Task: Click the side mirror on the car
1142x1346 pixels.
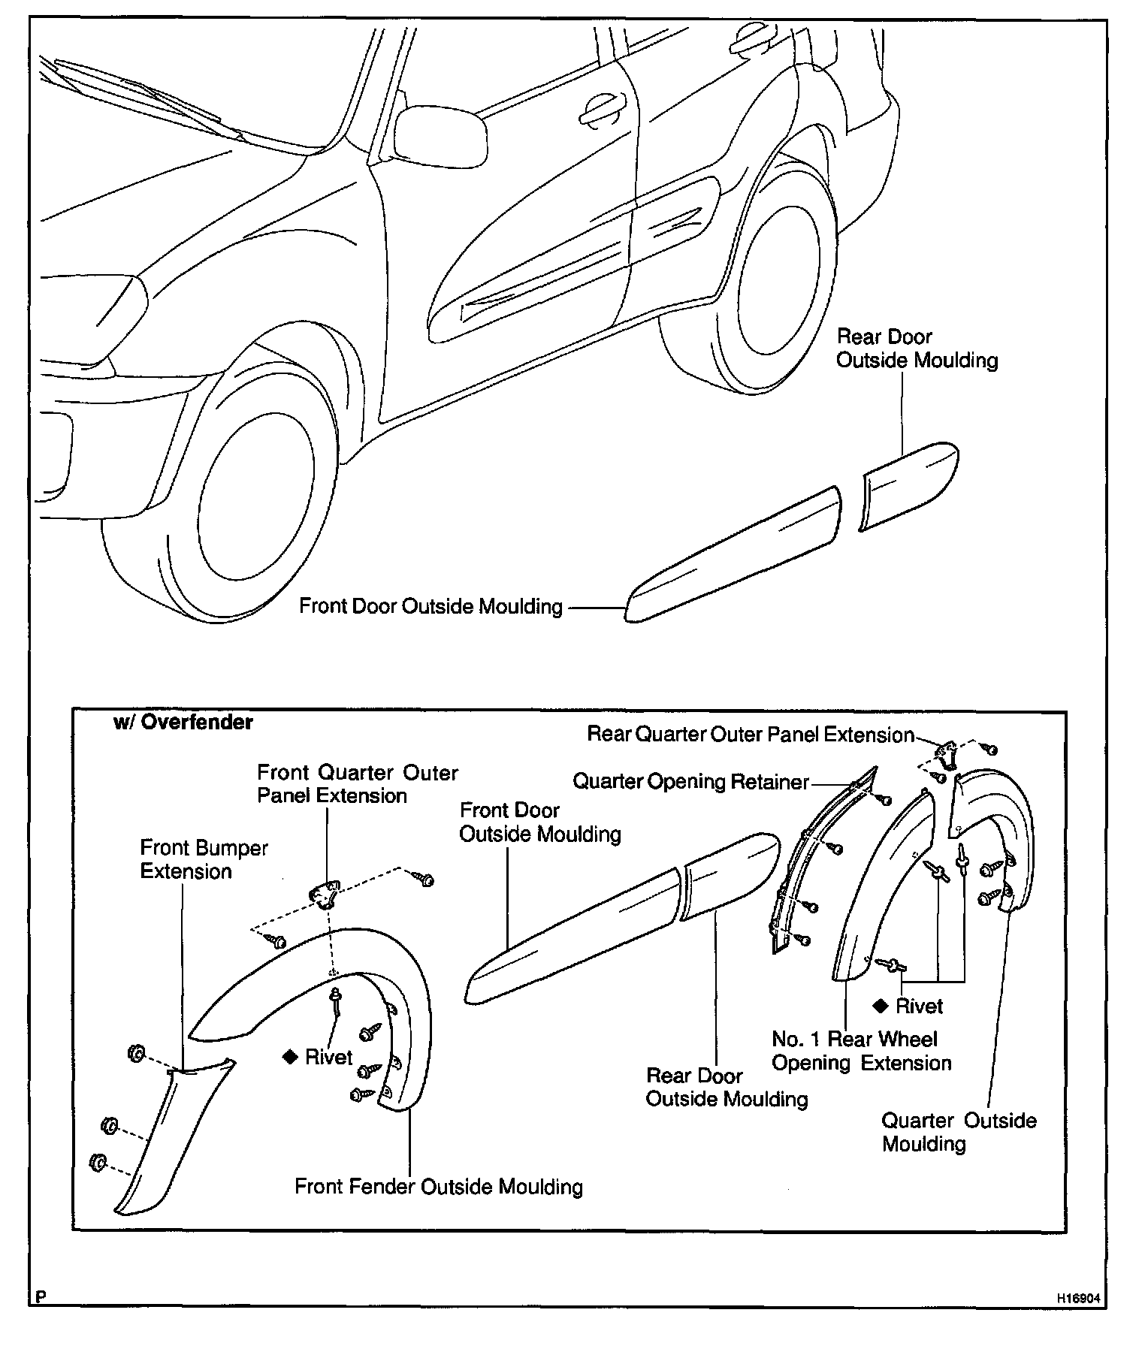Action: pyautogui.click(x=440, y=135)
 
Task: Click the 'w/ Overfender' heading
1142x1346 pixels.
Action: pyautogui.click(x=183, y=723)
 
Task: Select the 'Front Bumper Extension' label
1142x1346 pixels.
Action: pyautogui.click(x=204, y=859)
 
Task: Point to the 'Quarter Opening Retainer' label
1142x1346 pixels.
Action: pyautogui.click(x=690, y=782)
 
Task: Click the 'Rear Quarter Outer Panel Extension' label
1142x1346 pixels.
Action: pyautogui.click(x=750, y=734)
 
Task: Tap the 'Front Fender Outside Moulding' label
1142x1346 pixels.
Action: pyautogui.click(x=439, y=1187)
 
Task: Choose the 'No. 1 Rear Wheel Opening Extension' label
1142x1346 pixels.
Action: pyautogui.click(x=861, y=1051)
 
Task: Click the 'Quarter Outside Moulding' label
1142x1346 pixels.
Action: pyautogui.click(x=959, y=1132)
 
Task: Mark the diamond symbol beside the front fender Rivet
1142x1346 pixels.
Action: pyautogui.click(x=289, y=1058)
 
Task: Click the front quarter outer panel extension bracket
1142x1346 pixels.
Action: pyautogui.click(x=325, y=895)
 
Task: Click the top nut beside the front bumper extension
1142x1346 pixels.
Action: pyautogui.click(x=136, y=1054)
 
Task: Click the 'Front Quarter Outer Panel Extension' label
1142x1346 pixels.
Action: pyautogui.click(x=357, y=784)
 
